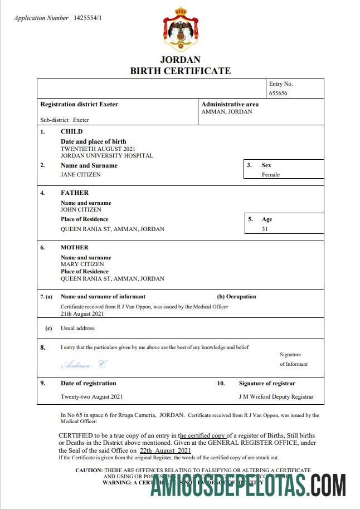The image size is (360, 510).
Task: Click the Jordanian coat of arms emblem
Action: (x=180, y=30)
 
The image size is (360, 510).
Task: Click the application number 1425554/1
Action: (x=88, y=18)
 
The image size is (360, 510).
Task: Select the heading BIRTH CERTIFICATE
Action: (x=180, y=71)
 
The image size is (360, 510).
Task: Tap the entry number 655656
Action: (x=278, y=94)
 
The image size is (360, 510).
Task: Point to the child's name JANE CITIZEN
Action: (x=81, y=174)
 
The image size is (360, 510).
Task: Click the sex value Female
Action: (x=271, y=174)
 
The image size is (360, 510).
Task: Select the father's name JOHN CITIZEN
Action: (x=81, y=210)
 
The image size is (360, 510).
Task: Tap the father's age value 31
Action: (x=265, y=229)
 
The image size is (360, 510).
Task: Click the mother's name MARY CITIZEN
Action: (x=82, y=264)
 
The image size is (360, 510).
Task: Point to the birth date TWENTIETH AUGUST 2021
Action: (x=98, y=149)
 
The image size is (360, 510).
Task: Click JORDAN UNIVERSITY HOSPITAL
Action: (x=106, y=156)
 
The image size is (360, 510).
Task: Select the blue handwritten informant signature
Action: (x=83, y=365)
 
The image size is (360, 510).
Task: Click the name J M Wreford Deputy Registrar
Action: (x=275, y=397)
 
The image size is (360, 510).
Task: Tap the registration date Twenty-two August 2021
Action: (x=91, y=397)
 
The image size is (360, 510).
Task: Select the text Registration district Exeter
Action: (x=79, y=104)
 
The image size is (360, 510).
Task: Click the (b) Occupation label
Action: (x=236, y=297)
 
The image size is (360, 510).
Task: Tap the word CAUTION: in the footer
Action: (x=89, y=470)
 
